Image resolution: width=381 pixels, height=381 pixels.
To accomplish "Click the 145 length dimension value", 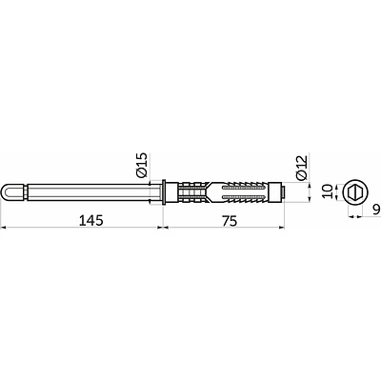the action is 91,220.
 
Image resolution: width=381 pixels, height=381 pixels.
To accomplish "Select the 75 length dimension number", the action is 230,221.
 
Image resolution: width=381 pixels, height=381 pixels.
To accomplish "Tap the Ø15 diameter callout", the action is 141,165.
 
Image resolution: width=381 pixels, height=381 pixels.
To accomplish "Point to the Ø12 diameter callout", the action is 301,169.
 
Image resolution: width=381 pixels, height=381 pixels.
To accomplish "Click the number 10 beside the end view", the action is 327,191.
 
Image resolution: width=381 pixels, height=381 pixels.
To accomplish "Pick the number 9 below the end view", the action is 376,210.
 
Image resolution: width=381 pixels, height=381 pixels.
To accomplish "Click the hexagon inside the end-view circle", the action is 354,191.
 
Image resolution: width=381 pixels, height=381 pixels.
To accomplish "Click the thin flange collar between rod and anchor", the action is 164,192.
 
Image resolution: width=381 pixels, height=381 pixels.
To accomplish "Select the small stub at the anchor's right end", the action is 282,191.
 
